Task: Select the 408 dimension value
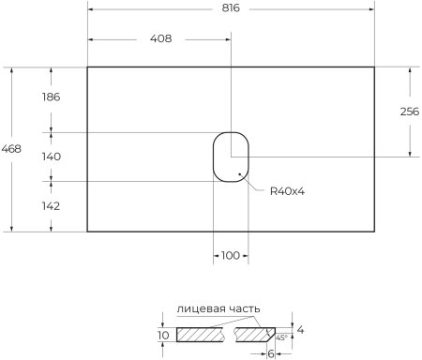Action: pyautogui.click(x=159, y=39)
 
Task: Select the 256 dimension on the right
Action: pyautogui.click(x=409, y=112)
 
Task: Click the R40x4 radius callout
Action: pyautogui.click(x=288, y=191)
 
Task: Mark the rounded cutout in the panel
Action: pyautogui.click(x=230, y=156)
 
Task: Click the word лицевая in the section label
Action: pyautogui.click(x=198, y=308)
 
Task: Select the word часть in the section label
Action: pyautogui.click(x=242, y=308)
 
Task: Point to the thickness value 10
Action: pyautogui.click(x=163, y=335)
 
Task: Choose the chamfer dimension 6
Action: pyautogui.click(x=270, y=353)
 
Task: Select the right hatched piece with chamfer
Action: pyautogui.click(x=255, y=335)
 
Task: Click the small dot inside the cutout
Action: pyautogui.click(x=241, y=174)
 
